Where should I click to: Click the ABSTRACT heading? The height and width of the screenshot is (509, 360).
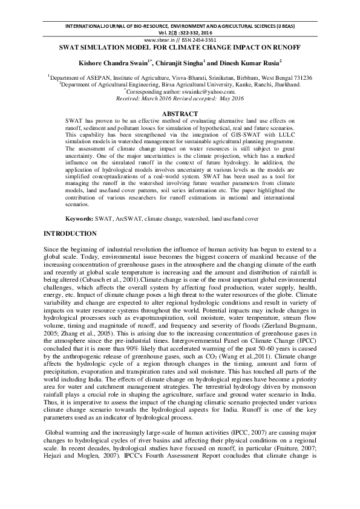tap(180, 114)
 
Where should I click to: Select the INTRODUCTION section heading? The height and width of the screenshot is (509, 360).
tap(70, 233)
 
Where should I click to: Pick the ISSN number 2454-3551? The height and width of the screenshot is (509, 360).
tap(201, 39)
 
